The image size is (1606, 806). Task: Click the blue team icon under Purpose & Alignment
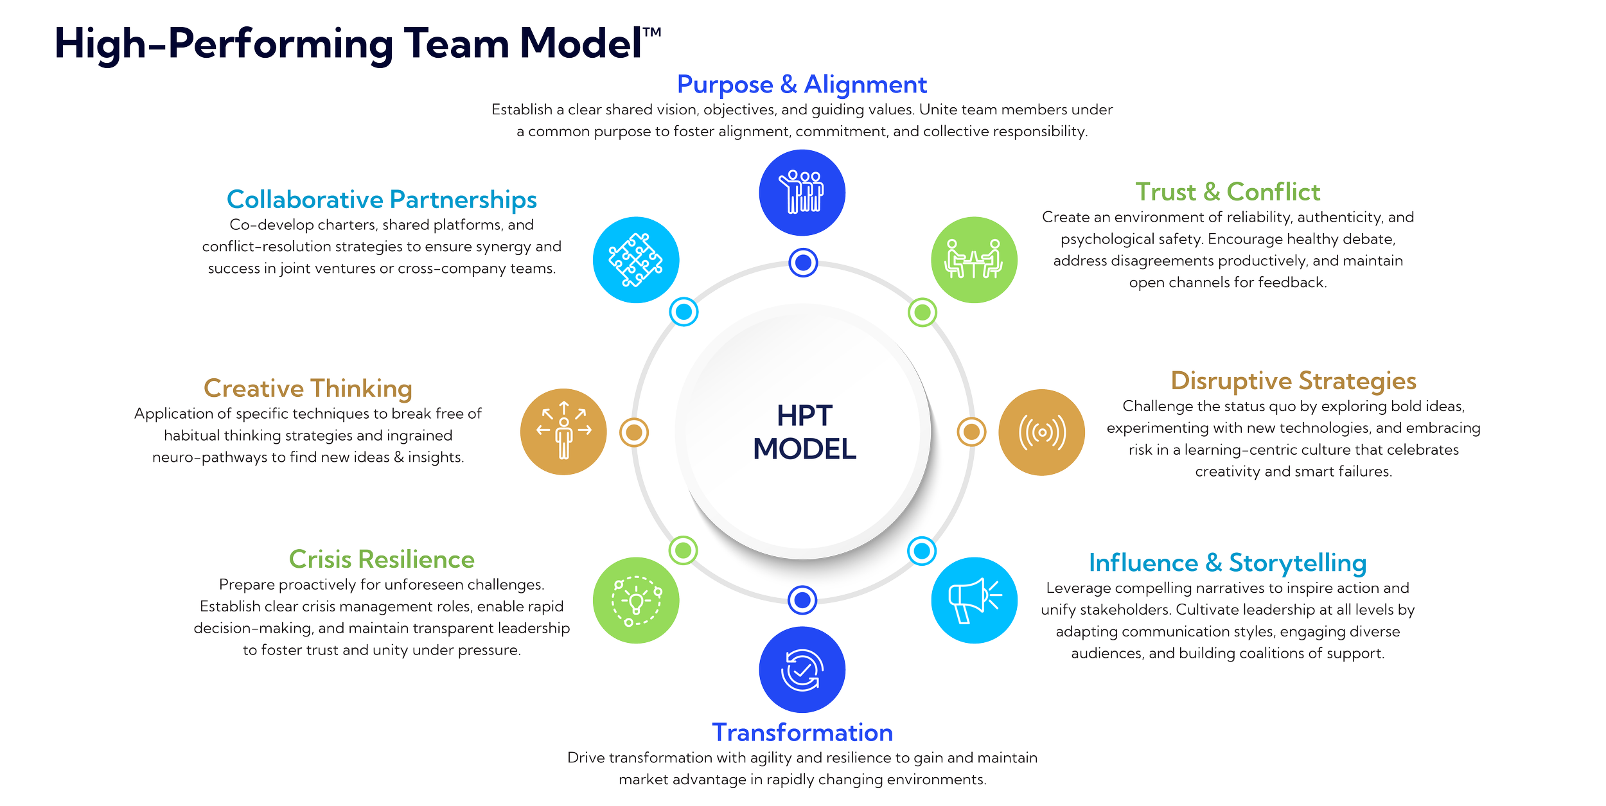802,193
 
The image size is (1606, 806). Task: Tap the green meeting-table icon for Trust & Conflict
974,260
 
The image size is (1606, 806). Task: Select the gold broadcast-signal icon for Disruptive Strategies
1041,432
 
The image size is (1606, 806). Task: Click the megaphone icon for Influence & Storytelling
974,600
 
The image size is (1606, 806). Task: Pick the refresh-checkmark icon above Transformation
802,670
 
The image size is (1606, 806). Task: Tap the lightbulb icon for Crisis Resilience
636,600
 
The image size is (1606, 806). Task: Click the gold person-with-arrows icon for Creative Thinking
563,432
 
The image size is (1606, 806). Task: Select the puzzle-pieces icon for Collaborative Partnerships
636,259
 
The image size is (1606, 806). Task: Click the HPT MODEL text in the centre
804,432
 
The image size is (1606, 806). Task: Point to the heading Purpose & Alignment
802,85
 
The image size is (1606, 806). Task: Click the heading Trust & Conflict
1227,192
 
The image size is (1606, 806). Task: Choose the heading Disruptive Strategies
1293,381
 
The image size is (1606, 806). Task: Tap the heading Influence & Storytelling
1228,563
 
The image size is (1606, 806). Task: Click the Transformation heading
802,733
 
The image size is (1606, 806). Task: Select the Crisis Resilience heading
382,559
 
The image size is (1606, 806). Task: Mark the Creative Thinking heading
308,389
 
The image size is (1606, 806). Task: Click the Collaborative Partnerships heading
382,200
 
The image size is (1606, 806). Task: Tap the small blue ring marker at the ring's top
802,262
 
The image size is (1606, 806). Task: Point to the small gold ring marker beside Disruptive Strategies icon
971,432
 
